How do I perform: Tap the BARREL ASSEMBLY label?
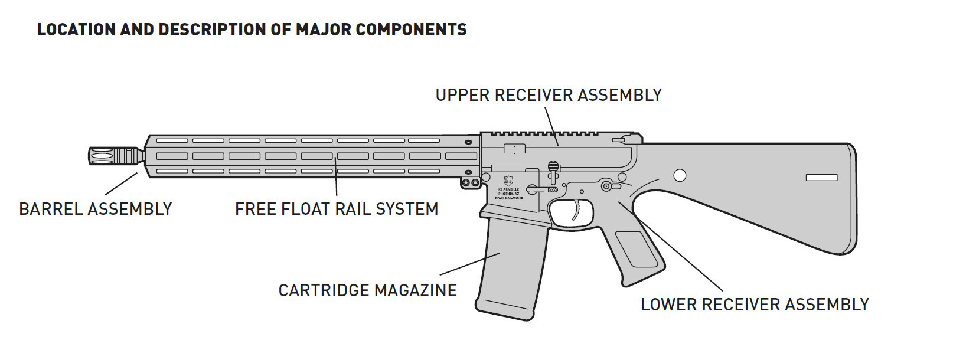96,209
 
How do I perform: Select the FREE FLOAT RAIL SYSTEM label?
337,209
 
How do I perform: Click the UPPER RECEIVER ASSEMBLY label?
549,95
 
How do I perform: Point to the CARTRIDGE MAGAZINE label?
367,290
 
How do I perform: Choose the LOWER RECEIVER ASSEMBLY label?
755,305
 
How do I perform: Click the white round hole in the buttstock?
680,175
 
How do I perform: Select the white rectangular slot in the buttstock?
821,177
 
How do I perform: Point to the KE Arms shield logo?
509,179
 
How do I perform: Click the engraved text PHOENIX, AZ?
509,194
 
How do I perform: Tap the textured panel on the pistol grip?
637,248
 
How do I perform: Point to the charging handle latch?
620,140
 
